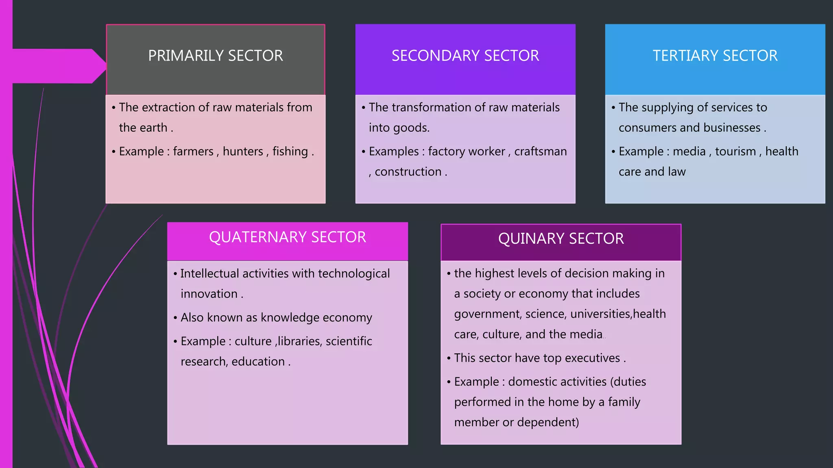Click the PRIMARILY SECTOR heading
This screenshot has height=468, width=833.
coord(215,56)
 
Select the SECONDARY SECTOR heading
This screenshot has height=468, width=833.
coord(465,56)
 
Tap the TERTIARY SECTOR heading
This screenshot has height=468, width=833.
coord(715,56)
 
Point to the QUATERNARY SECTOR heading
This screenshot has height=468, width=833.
coord(287,237)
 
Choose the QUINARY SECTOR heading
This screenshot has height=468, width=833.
coord(560,238)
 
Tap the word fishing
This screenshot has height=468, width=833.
coord(290,152)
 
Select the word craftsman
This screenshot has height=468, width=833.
coord(540,152)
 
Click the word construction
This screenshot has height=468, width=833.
coord(408,172)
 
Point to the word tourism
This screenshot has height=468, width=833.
coord(735,152)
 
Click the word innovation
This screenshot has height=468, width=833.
coord(209,294)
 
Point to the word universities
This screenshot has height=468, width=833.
coord(600,314)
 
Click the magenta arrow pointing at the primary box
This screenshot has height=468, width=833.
coord(57,66)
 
